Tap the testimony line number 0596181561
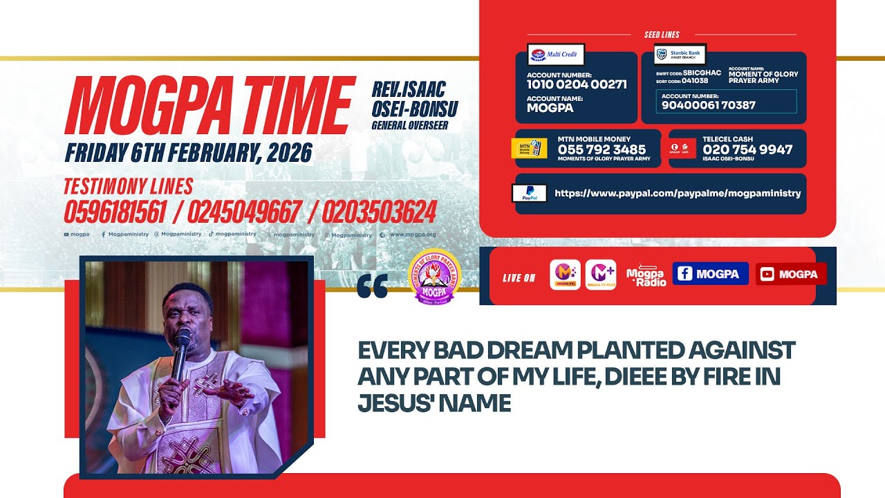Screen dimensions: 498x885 [x=115, y=212]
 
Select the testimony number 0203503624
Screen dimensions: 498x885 [x=379, y=212]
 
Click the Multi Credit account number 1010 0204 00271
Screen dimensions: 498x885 [x=577, y=84]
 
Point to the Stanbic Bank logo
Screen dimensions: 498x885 [x=680, y=54]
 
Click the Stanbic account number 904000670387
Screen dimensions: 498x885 [x=709, y=105]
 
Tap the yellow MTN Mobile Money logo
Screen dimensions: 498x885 [x=529, y=149]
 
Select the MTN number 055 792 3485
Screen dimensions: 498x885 [x=602, y=149]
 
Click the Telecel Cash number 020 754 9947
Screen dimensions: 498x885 [x=747, y=149]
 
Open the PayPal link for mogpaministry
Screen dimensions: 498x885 [x=678, y=194]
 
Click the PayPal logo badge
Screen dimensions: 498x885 [x=530, y=193]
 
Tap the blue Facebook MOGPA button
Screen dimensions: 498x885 [x=710, y=274]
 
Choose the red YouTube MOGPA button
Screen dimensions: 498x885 [x=790, y=274]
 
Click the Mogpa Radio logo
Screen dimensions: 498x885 [x=646, y=275]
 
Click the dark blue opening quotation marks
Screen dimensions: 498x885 [x=373, y=286]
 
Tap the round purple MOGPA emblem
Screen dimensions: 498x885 [x=434, y=277]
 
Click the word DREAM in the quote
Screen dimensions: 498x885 [x=516, y=351]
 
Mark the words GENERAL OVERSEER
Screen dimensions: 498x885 [x=409, y=125]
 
